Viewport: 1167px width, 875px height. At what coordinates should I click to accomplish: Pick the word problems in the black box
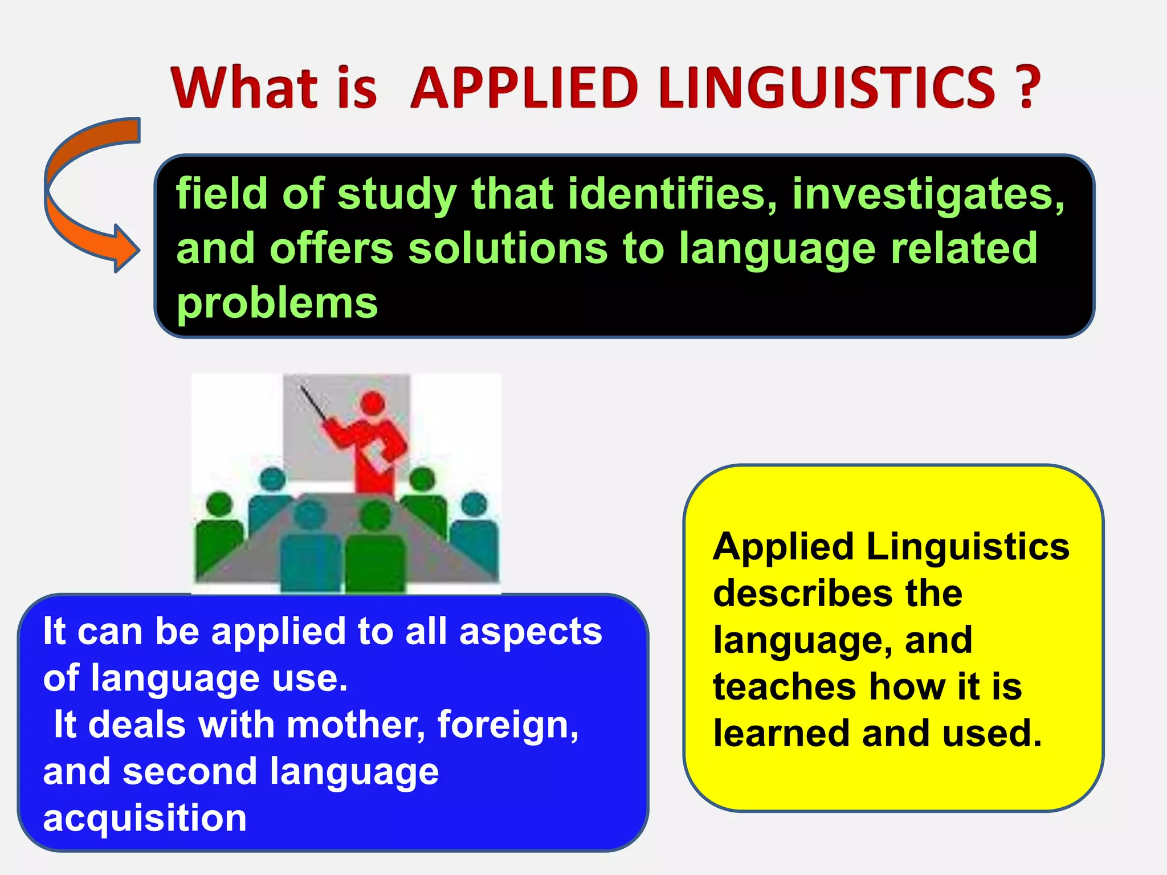[x=277, y=303]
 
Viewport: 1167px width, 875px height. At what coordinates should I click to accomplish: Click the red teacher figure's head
[x=373, y=403]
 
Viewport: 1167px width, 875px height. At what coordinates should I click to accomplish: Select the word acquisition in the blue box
[x=145, y=818]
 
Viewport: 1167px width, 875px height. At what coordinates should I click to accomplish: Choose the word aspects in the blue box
[x=530, y=632]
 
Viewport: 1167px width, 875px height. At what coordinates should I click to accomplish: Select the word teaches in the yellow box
[x=784, y=686]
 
